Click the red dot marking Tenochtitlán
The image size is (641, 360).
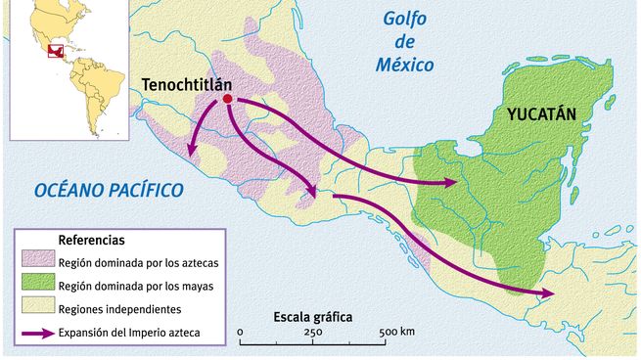tap(227, 100)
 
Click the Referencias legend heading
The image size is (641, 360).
tap(91, 240)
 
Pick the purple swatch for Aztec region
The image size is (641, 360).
tap(36, 261)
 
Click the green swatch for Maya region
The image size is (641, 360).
tap(36, 286)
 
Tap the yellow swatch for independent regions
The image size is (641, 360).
tap(36, 309)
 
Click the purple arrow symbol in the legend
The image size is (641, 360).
tap(36, 334)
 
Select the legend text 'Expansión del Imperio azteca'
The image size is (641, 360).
tap(129, 334)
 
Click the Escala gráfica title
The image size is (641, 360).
tap(312, 318)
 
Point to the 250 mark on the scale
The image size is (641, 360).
tap(313, 333)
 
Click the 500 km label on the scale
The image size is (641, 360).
tap(395, 333)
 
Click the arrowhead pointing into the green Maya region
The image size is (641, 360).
tap(451, 183)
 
